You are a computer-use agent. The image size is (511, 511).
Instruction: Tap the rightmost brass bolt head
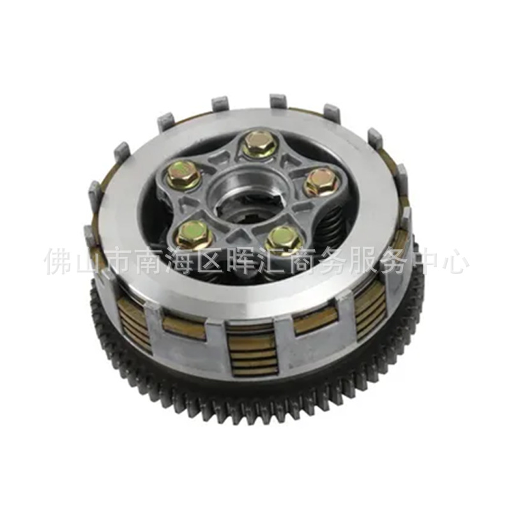[320, 182]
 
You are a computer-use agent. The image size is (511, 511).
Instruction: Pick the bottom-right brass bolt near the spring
[283, 240]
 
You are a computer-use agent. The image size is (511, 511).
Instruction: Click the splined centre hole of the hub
[246, 205]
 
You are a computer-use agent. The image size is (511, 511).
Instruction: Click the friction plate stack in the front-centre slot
[252, 351]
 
